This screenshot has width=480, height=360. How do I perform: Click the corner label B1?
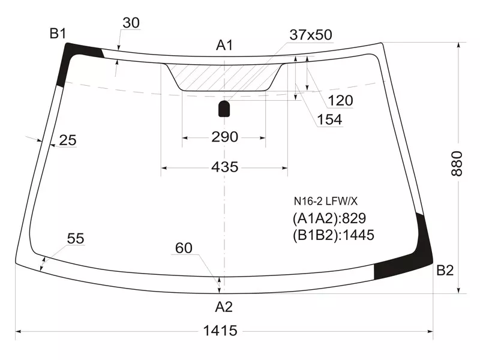(x=58, y=34)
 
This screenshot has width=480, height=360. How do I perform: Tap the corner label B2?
(x=445, y=271)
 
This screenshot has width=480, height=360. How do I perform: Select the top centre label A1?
(x=224, y=45)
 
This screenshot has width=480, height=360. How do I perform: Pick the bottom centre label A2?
(x=224, y=307)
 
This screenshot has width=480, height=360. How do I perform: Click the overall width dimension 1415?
(x=220, y=331)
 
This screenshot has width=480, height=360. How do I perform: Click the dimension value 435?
(x=225, y=167)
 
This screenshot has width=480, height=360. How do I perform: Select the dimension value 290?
(x=224, y=137)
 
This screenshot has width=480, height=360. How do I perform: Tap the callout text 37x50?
(x=310, y=35)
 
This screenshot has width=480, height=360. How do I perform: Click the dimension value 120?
(x=340, y=100)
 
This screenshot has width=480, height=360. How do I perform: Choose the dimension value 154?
(x=329, y=120)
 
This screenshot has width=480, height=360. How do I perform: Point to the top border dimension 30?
(x=130, y=23)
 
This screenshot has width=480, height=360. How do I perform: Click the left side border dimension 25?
(x=68, y=140)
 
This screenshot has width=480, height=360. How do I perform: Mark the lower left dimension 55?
(x=75, y=239)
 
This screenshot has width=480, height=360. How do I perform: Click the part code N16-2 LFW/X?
(x=325, y=202)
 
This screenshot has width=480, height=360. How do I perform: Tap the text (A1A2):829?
(x=329, y=218)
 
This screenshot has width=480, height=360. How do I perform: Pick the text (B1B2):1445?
(x=334, y=235)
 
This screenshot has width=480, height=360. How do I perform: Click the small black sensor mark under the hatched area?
(x=224, y=108)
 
